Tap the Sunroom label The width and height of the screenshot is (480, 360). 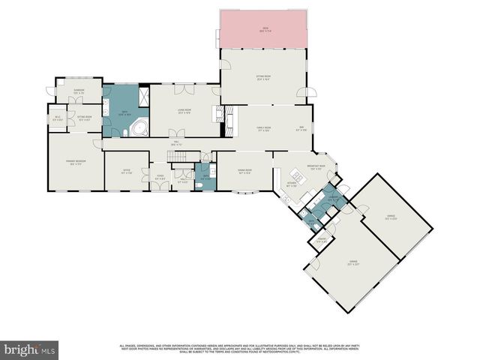79,91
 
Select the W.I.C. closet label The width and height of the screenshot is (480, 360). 58,118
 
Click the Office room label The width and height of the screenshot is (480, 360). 126,171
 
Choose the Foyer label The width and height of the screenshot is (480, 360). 159,178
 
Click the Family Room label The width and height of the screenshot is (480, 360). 262,128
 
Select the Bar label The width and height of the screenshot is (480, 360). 301,127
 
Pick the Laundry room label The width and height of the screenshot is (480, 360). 331,199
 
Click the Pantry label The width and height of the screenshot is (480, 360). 321,240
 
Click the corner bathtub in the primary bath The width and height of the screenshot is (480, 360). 139,128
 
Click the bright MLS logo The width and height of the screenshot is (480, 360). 29,349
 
